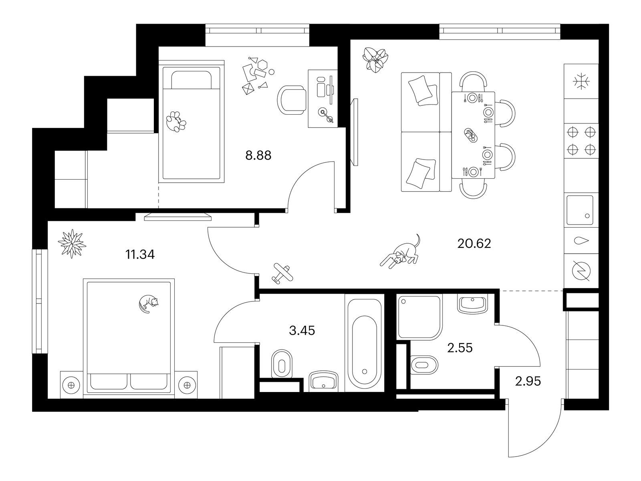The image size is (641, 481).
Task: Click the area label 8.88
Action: pos(258,156)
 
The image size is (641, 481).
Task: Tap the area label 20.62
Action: pos(474,243)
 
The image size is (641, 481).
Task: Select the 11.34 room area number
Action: pos(140,255)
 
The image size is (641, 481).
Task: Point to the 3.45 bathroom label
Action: pos(302,331)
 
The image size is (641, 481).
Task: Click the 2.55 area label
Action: pos(460,348)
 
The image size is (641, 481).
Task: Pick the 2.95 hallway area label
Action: pos(528,381)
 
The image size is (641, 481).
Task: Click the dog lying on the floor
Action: pos(400,251)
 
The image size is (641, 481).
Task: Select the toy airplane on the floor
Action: pos(282,273)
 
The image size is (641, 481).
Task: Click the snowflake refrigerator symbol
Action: pos(581,81)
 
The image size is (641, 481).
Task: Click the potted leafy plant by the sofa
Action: pos(375,60)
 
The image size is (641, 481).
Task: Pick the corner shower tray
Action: pos(419,317)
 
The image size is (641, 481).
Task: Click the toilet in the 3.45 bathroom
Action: pos(282,364)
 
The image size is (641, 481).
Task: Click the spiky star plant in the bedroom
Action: pos(72,244)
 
